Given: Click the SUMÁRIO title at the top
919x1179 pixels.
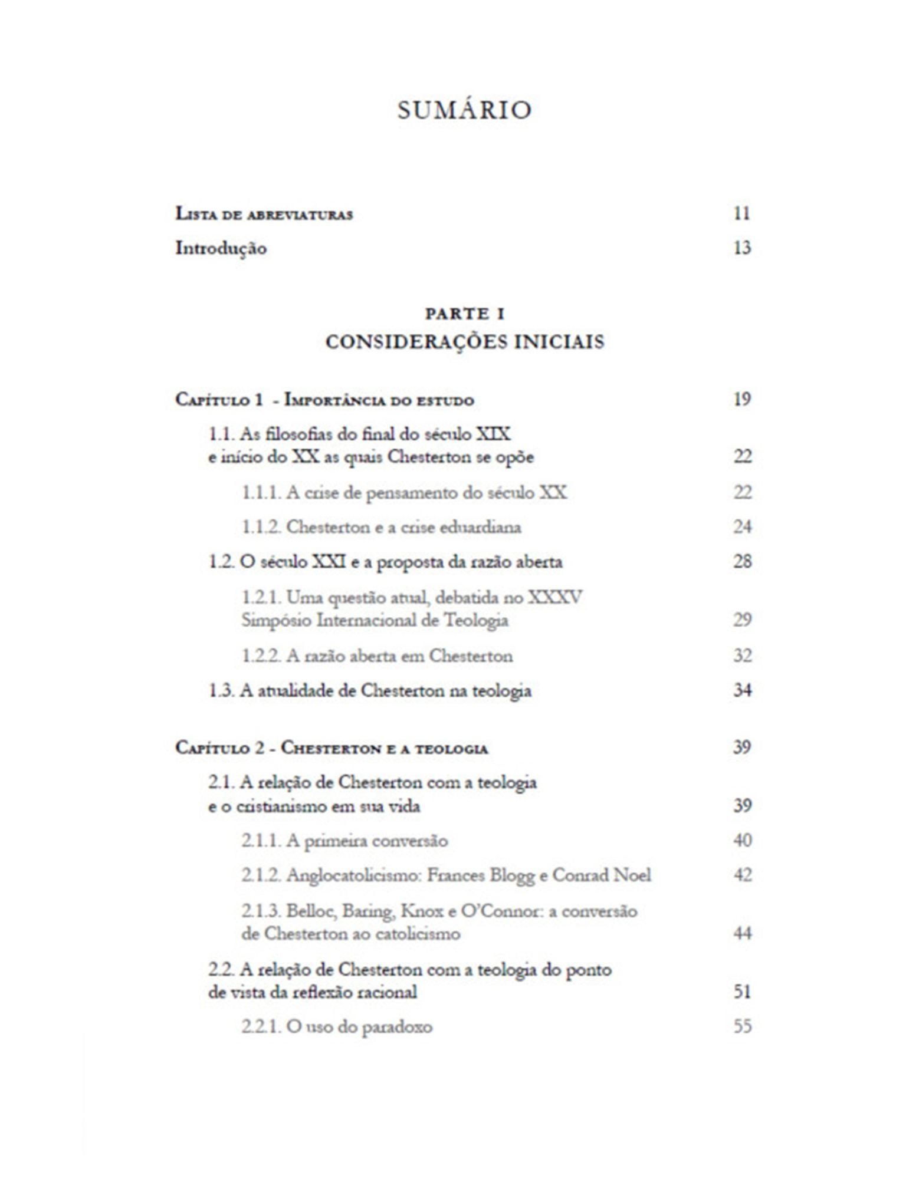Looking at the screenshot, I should pos(465,110).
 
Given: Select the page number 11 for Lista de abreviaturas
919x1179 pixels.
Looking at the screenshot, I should pos(742,213).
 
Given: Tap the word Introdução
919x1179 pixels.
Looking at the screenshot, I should pos(221,248).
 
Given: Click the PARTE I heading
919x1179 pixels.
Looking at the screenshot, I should pos(465,314).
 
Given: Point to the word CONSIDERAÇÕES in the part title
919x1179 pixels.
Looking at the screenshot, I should pos(416,342).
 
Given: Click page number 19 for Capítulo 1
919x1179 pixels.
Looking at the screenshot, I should pos(742,400).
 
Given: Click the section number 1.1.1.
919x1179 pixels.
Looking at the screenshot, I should pos(261,492).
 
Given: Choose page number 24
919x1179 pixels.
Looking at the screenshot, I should pos(742,526).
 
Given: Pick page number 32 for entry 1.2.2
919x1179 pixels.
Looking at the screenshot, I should pos(742,656).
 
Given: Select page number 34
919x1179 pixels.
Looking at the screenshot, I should pos(742,690).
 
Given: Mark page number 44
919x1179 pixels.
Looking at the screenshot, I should pos(742,934).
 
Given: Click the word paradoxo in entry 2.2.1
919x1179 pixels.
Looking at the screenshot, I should pos(396,1027).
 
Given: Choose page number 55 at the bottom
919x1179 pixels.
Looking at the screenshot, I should pos(742,1027).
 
